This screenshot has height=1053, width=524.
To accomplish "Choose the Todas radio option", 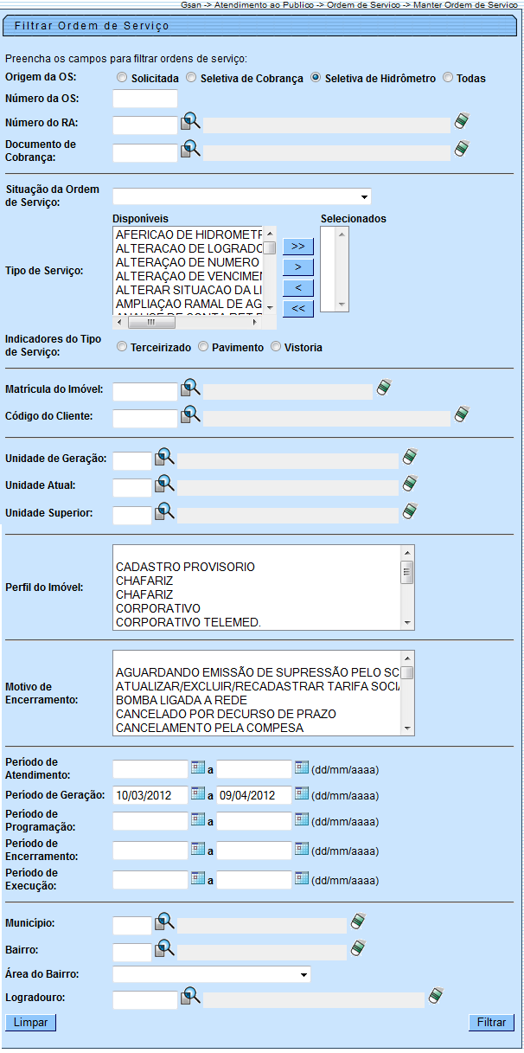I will pyautogui.click(x=448, y=78).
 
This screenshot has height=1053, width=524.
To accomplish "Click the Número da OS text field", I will pyautogui.click(x=144, y=100).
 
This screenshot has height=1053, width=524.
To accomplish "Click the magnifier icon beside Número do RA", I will pyautogui.click(x=190, y=123).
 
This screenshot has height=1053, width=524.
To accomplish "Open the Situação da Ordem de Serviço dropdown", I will pyautogui.click(x=241, y=196).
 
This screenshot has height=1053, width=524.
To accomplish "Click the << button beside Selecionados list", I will pyautogui.click(x=297, y=308).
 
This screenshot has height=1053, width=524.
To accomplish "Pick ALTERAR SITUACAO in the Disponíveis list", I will pyautogui.click(x=188, y=289).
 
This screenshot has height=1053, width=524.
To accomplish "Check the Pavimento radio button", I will pyautogui.click(x=203, y=347).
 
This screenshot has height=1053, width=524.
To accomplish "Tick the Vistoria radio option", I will pyautogui.click(x=276, y=347).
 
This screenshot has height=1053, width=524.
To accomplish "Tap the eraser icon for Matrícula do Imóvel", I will pyautogui.click(x=385, y=388).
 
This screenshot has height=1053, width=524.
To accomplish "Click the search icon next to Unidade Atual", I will pyautogui.click(x=164, y=485).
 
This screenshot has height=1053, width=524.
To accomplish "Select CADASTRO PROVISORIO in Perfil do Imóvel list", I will pyautogui.click(x=185, y=567).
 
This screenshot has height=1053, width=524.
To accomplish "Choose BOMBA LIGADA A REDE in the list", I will pyautogui.click(x=182, y=699).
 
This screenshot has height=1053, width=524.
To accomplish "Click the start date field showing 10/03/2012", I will pyautogui.click(x=150, y=795).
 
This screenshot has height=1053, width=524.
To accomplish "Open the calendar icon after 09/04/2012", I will pyautogui.click(x=301, y=794).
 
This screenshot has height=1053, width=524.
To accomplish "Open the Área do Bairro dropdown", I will pyautogui.click(x=211, y=974).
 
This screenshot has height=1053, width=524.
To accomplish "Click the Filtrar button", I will pyautogui.click(x=491, y=1022).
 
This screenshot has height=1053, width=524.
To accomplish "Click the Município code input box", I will pyautogui.click(x=131, y=926).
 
